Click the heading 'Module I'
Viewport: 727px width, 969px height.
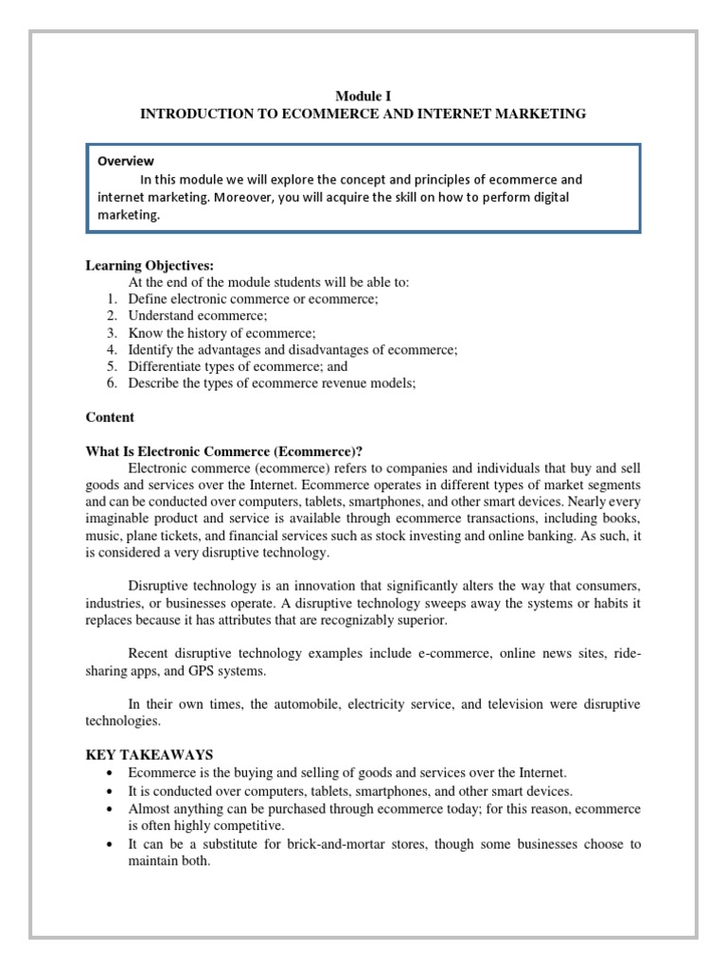click(x=363, y=96)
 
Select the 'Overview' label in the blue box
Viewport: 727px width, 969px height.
click(x=126, y=161)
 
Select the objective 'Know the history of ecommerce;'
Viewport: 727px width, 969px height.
click(x=222, y=332)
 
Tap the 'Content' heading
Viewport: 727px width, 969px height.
click(x=111, y=417)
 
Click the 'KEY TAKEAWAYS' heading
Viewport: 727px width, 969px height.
click(x=151, y=754)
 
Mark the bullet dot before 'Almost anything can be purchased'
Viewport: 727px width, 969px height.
click(x=111, y=810)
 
